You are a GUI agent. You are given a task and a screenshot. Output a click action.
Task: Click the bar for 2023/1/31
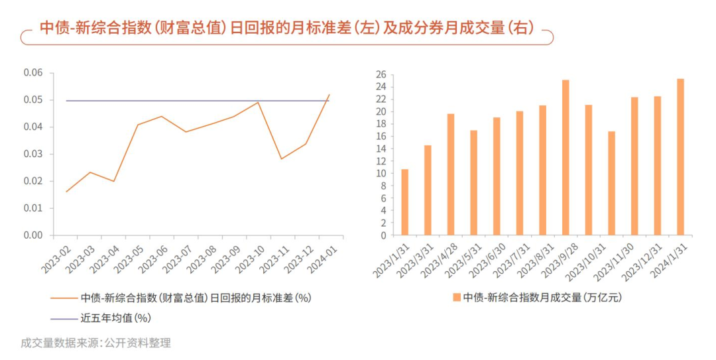(404, 202)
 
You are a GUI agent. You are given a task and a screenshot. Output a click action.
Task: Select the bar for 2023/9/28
(566, 158)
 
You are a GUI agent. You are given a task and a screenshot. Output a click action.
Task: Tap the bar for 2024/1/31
(680, 157)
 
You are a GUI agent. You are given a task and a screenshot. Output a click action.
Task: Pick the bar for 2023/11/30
(634, 166)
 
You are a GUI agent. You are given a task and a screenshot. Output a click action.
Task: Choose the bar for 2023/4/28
(451, 174)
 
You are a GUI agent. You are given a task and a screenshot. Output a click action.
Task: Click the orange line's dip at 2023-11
(281, 158)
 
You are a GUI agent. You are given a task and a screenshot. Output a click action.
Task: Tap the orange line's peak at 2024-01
(329, 95)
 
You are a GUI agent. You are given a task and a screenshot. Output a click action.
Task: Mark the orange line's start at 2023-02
(66, 192)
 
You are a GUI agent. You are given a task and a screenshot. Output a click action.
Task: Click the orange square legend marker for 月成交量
(456, 298)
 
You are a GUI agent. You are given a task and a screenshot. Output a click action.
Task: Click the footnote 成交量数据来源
(96, 343)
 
